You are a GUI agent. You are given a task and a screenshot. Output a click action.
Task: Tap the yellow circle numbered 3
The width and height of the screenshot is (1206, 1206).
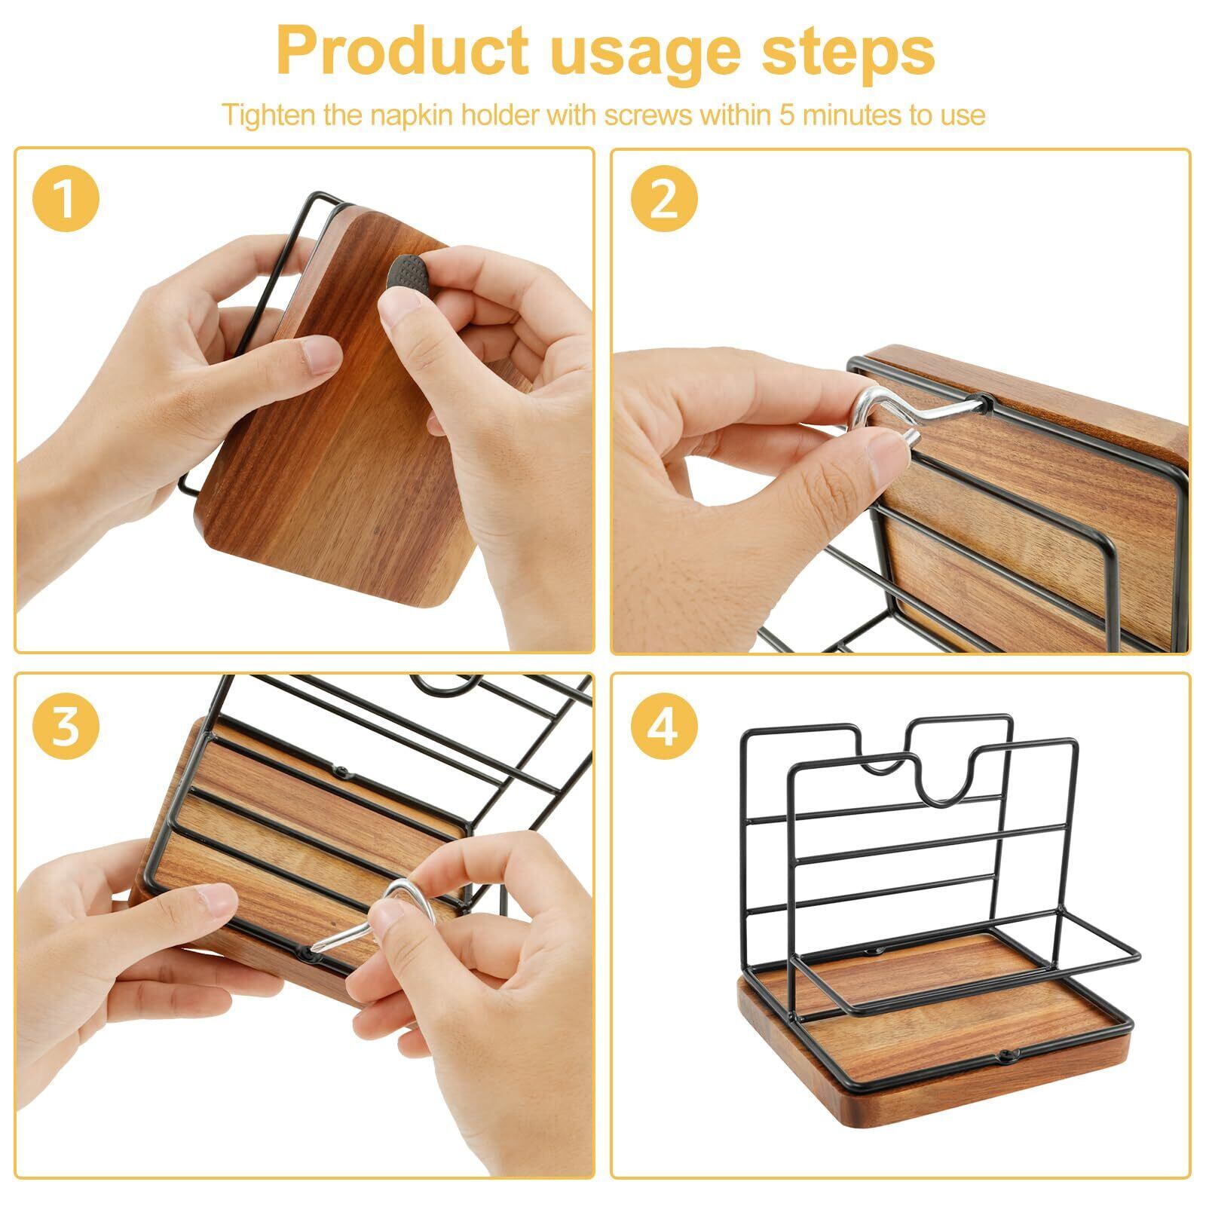[66, 725]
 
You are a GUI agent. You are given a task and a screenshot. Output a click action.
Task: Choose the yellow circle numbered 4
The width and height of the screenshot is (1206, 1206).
[664, 725]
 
